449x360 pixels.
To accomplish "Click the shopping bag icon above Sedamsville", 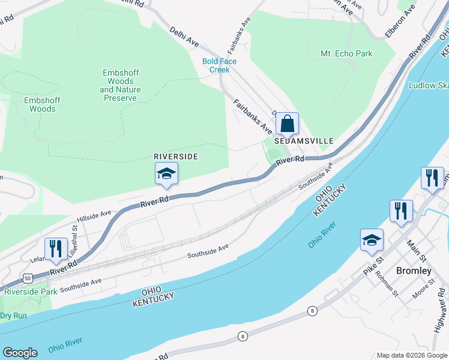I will tap(288, 124).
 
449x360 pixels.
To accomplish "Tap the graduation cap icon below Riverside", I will tap(166, 175).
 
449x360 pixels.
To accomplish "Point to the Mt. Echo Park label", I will tap(346, 54).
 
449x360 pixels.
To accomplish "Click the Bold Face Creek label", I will tap(220, 65).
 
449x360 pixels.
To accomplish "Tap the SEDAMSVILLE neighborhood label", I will tap(304, 140).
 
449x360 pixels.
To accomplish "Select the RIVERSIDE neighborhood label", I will tap(176, 156).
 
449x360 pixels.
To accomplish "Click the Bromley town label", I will tap(414, 271).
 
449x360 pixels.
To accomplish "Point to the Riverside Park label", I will tap(31, 292).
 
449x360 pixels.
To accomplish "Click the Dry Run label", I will tap(14, 316).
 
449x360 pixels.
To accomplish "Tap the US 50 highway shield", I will tap(27, 278).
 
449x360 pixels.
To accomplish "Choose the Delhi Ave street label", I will tap(184, 35).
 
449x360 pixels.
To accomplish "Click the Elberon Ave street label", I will tap(401, 21).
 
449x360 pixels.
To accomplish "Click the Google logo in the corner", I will tap(20, 353).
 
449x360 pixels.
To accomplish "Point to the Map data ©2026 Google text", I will tap(412, 355).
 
